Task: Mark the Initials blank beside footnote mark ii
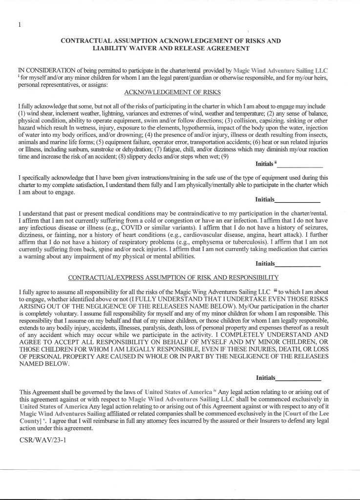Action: pos(299,165)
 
